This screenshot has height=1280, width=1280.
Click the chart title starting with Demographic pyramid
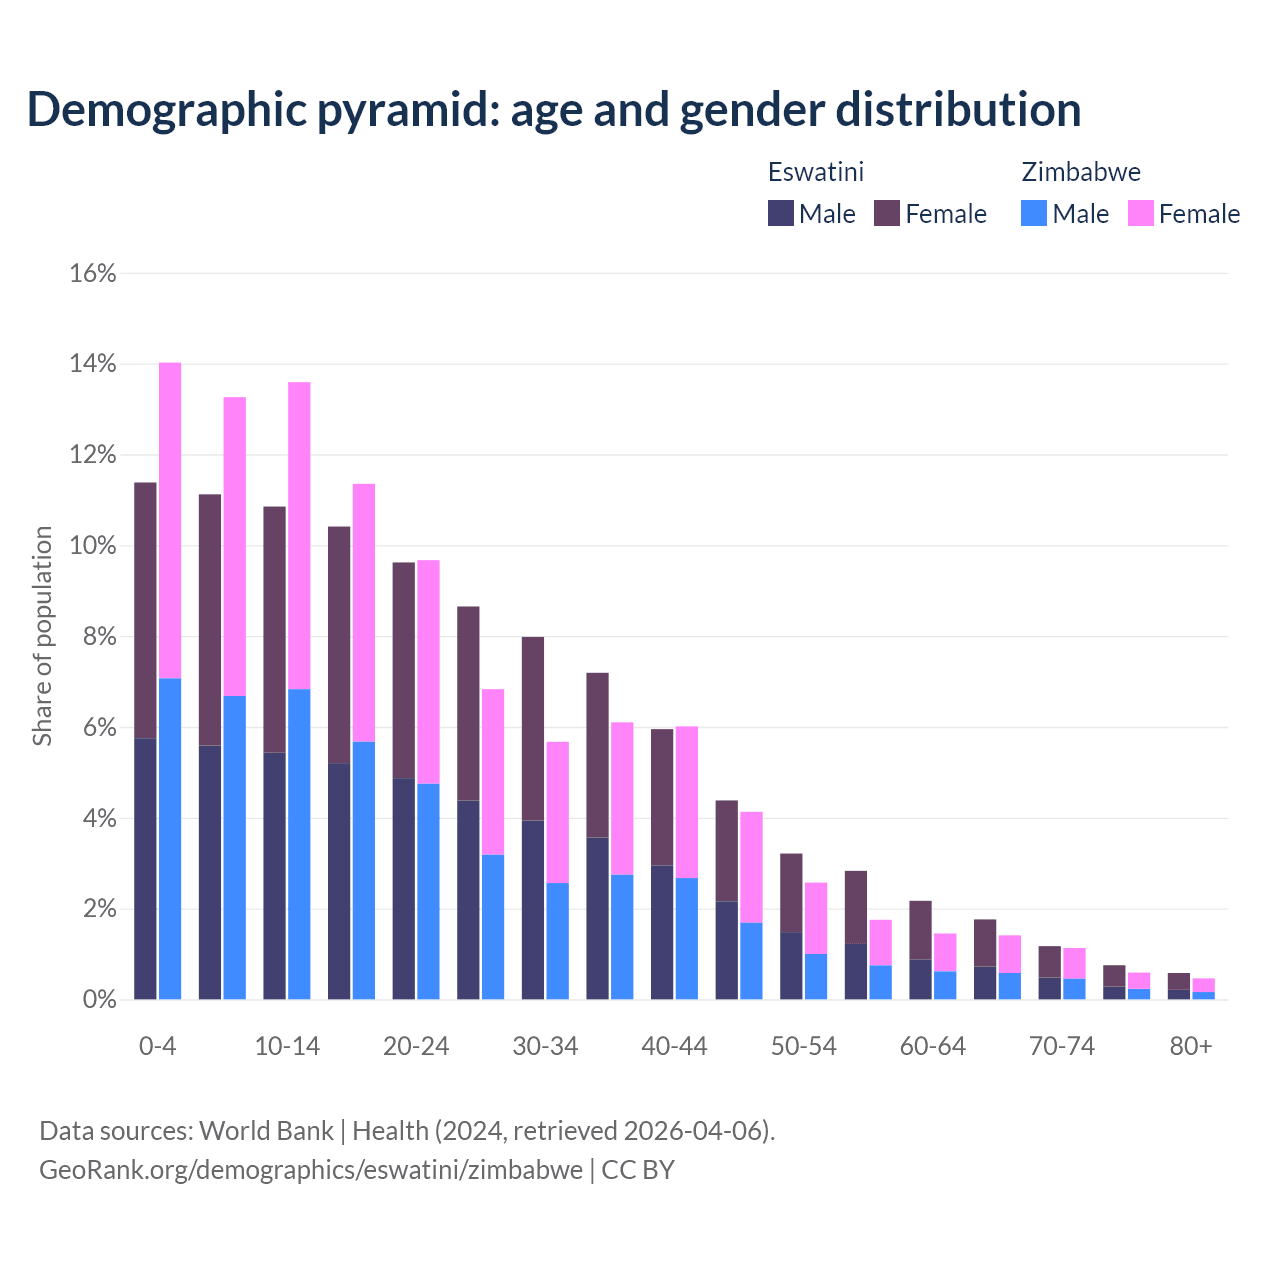(x=554, y=109)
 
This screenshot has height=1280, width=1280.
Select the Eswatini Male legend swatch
(x=781, y=213)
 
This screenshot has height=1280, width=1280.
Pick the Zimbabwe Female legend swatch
(x=1141, y=213)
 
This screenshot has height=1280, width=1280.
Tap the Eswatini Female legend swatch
(x=887, y=213)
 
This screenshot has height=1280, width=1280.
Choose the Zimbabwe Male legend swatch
(x=1034, y=213)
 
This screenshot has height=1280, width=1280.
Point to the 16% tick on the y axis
(x=93, y=273)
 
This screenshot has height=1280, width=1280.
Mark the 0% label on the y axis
(x=98, y=1000)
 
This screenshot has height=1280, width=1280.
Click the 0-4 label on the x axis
(x=158, y=1046)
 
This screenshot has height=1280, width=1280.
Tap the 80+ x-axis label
(x=1191, y=1046)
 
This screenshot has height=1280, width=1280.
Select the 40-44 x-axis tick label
(x=674, y=1046)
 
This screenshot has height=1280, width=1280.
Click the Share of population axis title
(x=42, y=636)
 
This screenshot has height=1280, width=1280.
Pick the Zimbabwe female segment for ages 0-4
(x=170, y=520)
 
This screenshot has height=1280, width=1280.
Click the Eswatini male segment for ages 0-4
(x=145, y=868)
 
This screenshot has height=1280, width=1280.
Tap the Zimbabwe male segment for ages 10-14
(x=299, y=844)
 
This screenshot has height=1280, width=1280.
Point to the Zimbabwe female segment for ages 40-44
(x=687, y=802)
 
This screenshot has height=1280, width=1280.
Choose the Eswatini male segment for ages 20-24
(x=403, y=889)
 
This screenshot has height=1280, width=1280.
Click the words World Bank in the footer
(x=266, y=1131)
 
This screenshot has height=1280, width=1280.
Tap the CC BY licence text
(x=638, y=1169)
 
